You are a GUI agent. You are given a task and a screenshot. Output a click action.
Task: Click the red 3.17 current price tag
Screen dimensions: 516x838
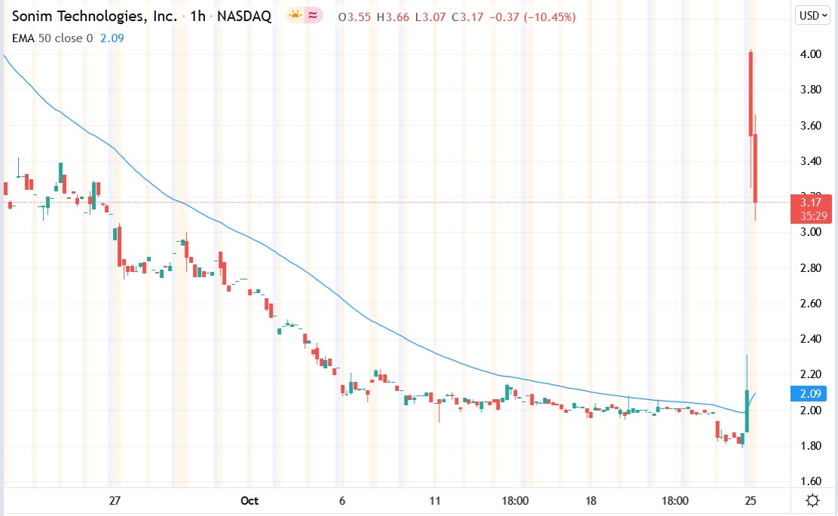tap(811, 202)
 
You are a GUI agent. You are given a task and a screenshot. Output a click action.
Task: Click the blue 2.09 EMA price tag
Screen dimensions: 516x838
tap(810, 392)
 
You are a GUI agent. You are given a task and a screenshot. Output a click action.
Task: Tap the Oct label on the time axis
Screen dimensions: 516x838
tap(249, 500)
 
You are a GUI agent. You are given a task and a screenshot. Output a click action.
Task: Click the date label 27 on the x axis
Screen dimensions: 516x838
tap(115, 500)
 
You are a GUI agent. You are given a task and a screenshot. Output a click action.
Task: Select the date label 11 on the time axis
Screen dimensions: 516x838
tap(435, 500)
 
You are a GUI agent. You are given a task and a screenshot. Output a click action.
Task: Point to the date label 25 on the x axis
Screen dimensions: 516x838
tap(751, 500)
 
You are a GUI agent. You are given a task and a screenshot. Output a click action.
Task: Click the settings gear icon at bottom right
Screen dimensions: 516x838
tap(812, 500)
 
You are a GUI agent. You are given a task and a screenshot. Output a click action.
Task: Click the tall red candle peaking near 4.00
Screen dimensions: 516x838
tap(751, 94)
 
